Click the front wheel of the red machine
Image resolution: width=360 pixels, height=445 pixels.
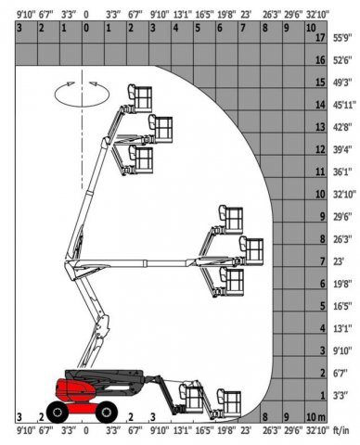tap(107, 412)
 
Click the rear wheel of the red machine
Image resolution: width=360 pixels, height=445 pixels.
tap(58, 412)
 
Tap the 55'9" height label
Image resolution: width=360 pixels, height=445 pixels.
tap(342, 38)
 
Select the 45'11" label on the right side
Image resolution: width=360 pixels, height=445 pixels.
tap(344, 105)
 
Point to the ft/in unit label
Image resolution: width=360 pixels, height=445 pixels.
tap(341, 430)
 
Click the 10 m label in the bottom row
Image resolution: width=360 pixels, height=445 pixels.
tap(315, 417)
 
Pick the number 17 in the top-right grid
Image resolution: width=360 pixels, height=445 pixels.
tap(320, 38)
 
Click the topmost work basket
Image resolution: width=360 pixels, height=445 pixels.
tap(140, 98)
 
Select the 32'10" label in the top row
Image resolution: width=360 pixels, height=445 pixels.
tap(317, 14)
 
